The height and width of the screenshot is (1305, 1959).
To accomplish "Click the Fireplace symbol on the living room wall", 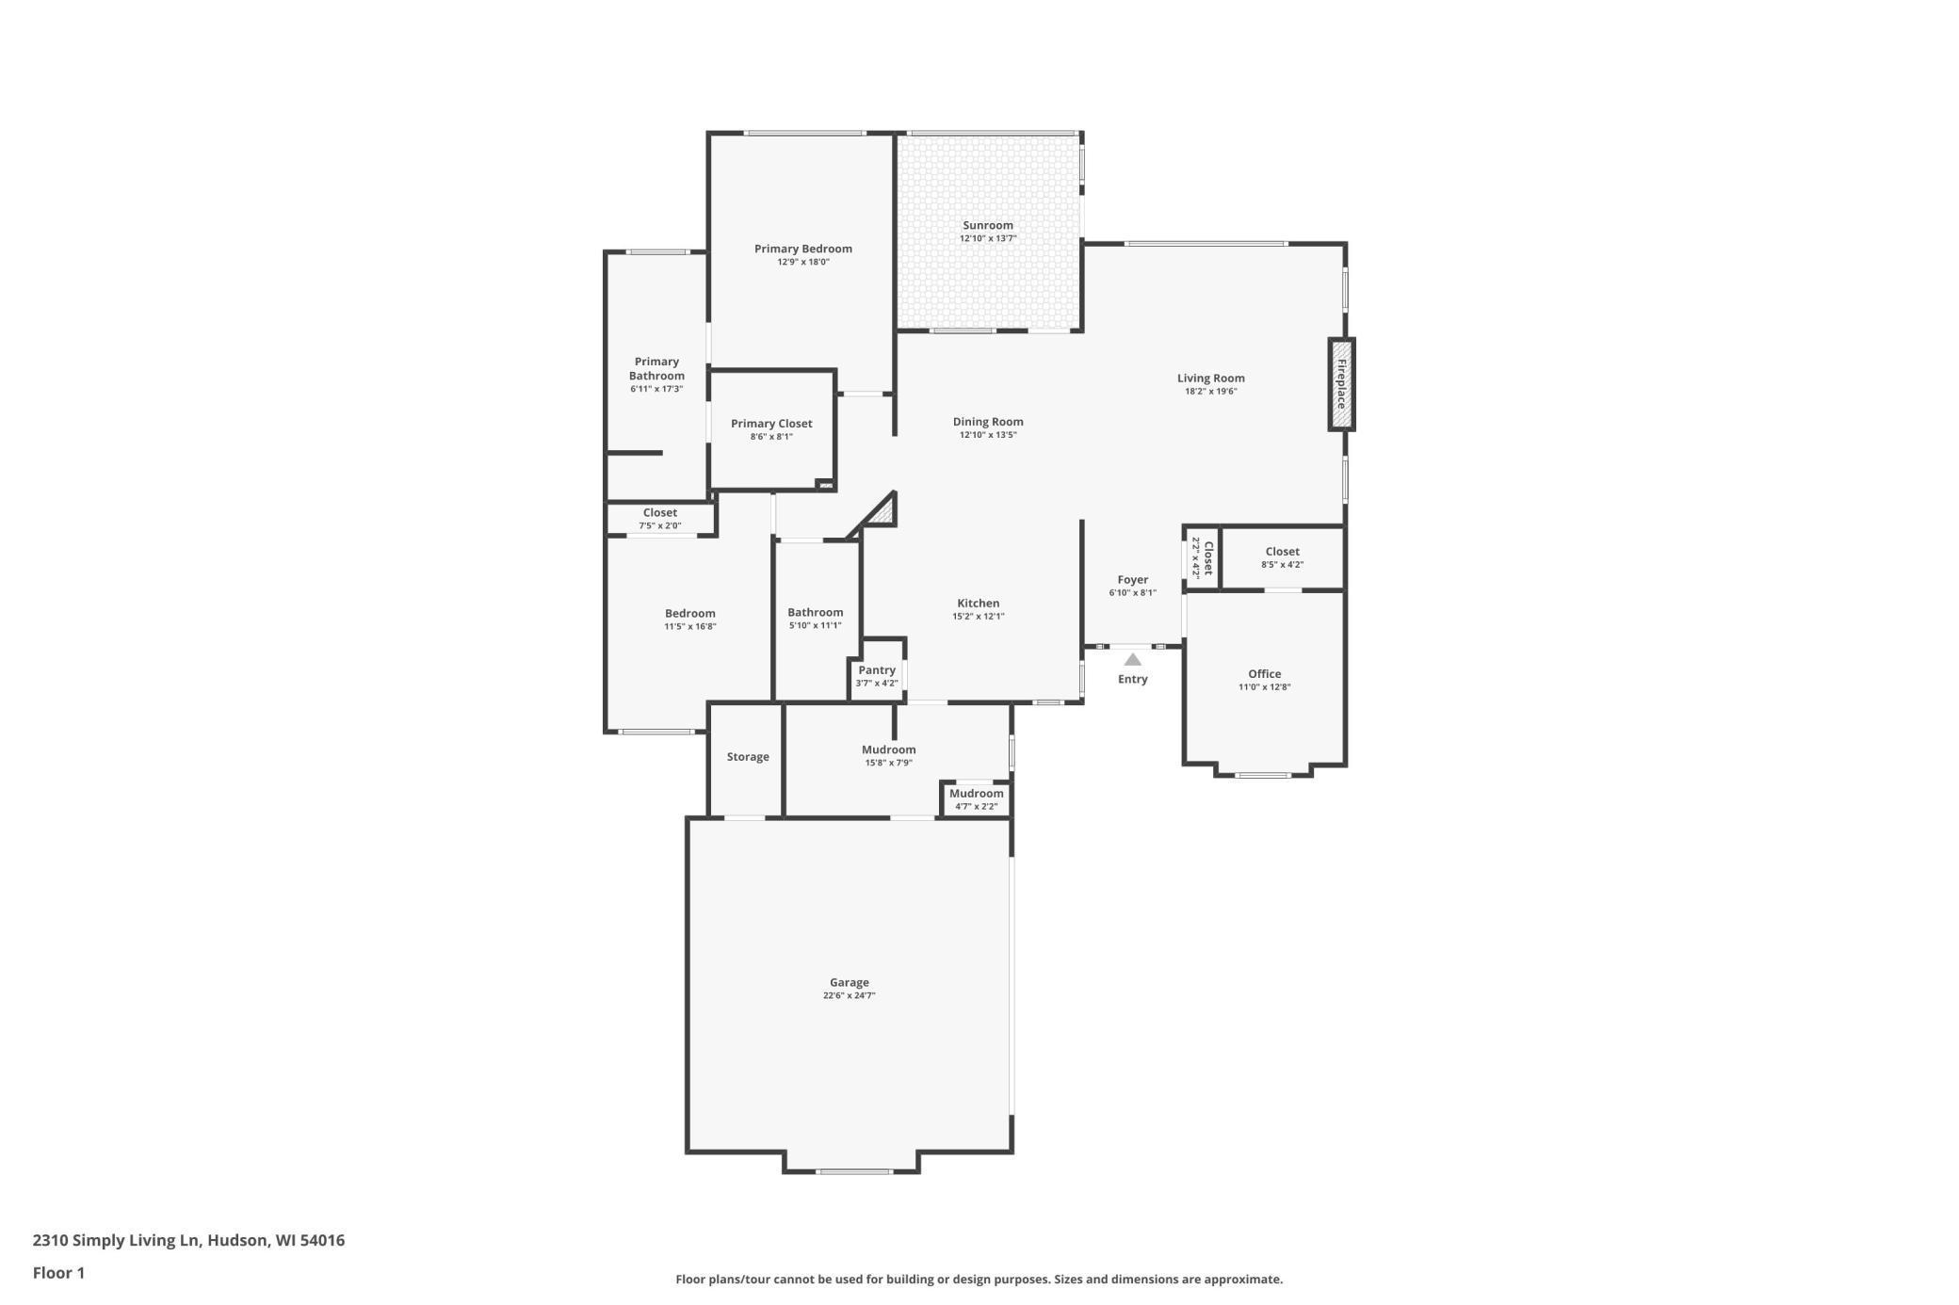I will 1341,384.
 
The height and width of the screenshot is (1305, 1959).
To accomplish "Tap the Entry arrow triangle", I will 1132,660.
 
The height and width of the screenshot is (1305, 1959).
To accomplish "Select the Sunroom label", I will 987,225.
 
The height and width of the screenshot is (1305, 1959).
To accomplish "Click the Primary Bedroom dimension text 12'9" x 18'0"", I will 802,263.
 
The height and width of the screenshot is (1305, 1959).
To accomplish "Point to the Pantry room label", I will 876,670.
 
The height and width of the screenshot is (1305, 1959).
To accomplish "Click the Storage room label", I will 747,757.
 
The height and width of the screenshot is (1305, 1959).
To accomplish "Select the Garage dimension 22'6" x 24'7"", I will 849,996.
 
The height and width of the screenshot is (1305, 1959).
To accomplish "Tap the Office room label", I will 1264,674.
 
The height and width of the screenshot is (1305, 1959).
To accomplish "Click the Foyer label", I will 1132,580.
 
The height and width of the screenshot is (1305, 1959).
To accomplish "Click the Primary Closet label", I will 770,424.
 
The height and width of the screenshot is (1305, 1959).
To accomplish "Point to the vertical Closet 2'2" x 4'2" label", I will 1202,557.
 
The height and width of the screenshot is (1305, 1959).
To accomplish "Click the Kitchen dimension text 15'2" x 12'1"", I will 978,617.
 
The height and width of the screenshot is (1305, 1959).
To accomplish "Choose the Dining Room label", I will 987,422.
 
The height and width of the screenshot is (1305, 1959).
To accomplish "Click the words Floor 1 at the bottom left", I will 58,1273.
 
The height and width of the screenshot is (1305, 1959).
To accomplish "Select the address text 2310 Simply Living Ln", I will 116,1240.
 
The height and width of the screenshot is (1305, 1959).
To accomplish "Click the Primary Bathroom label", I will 656,368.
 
